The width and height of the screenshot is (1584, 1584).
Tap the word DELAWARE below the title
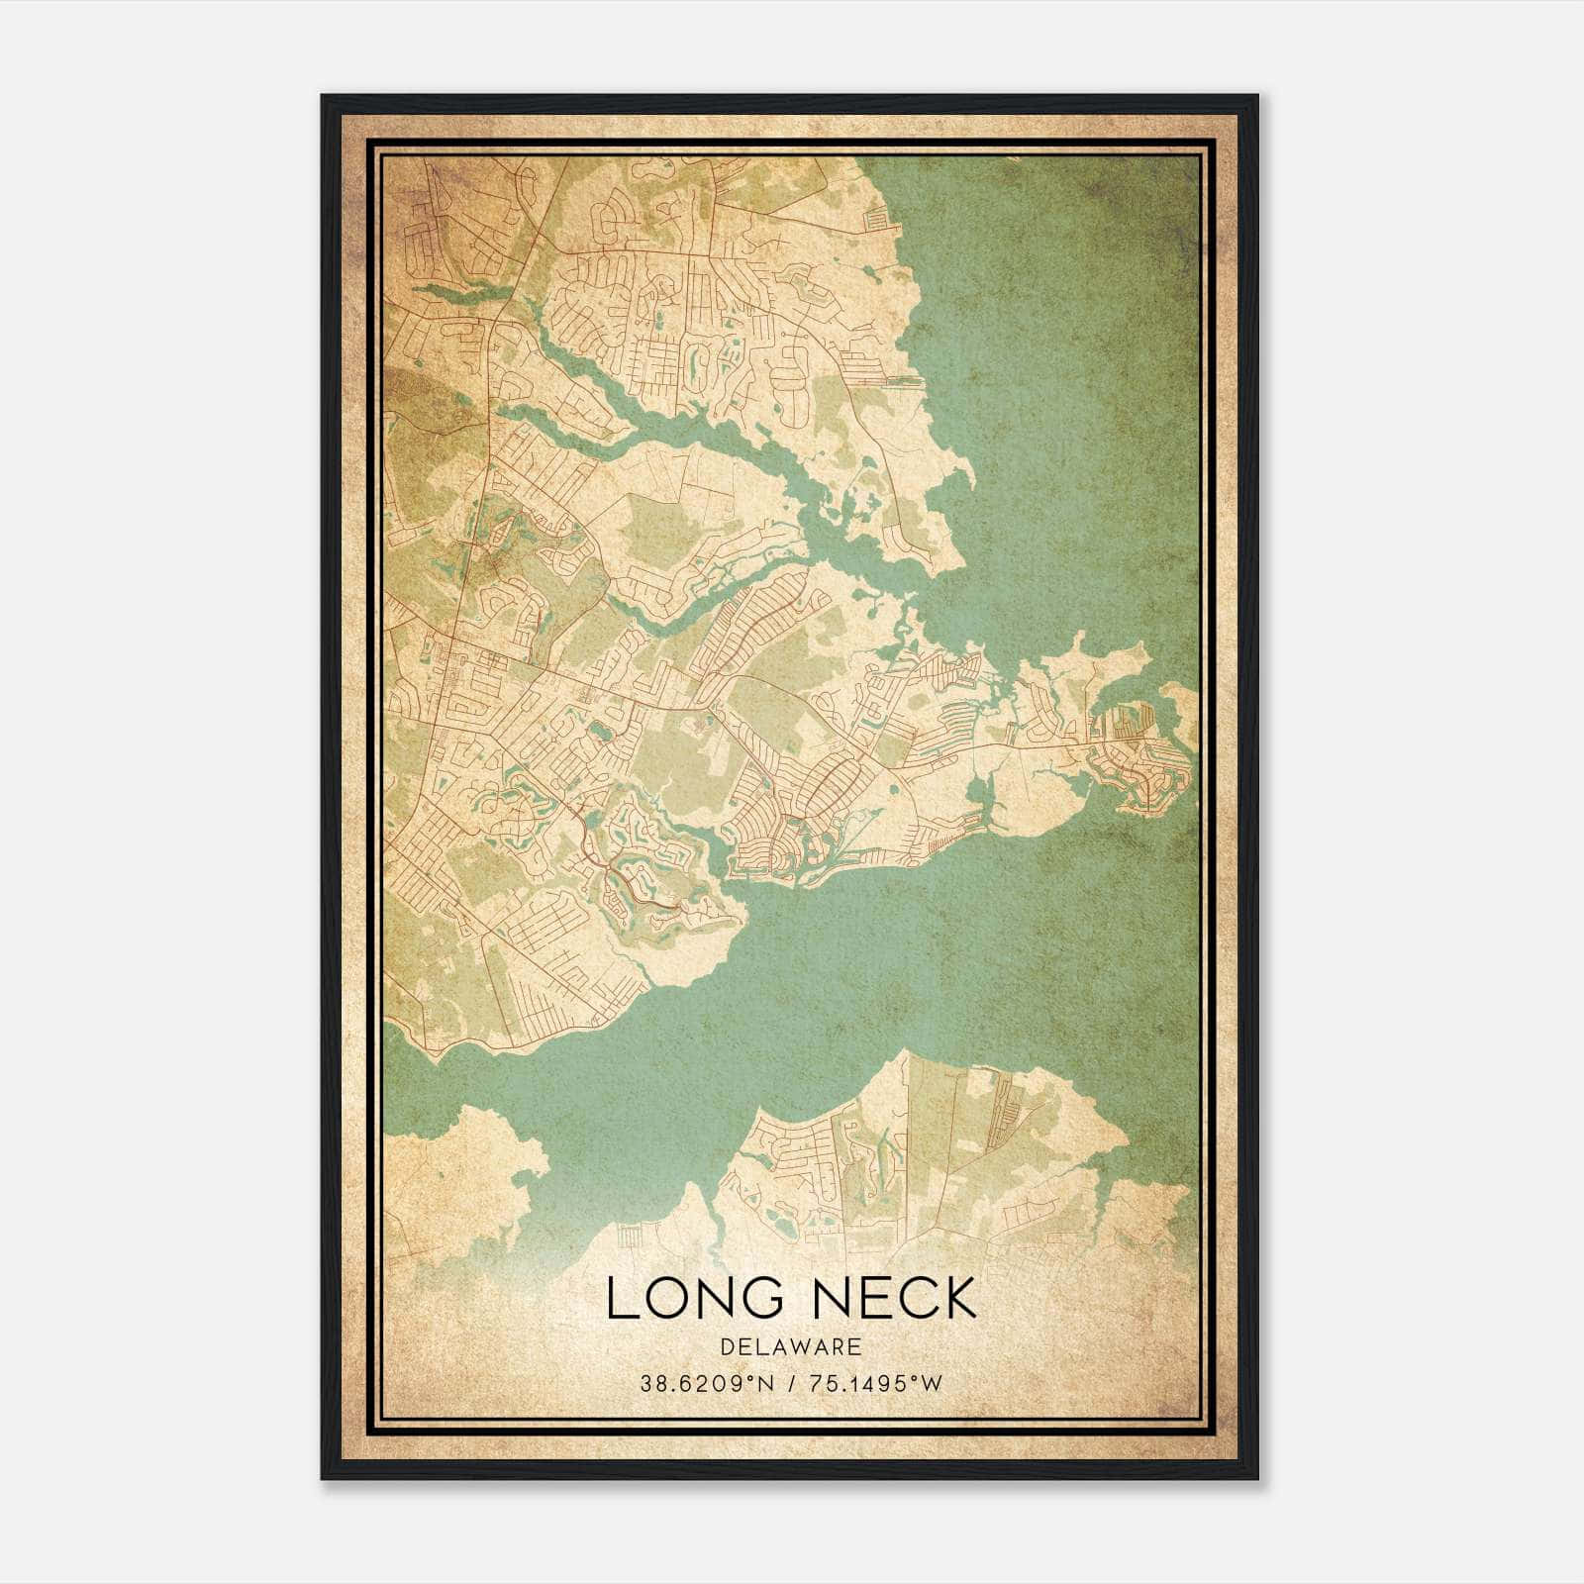791,1347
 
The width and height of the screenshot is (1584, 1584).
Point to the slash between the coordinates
791,1384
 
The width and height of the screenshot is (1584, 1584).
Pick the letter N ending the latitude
768,1384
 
